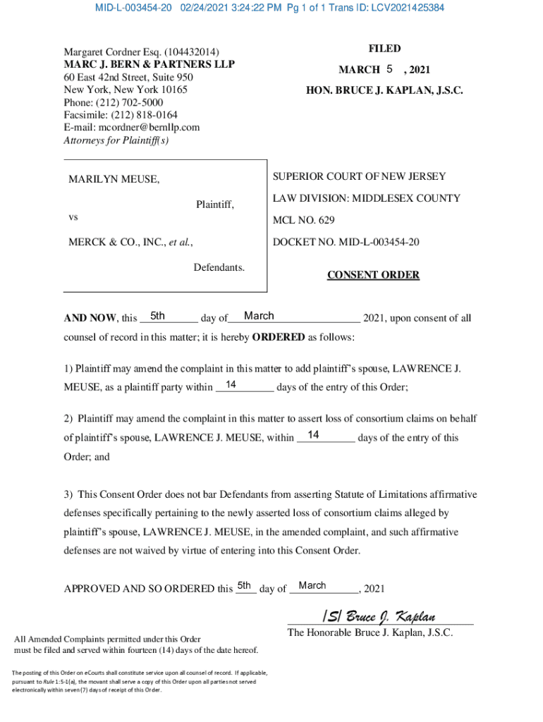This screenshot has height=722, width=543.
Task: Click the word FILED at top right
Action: click(x=384, y=49)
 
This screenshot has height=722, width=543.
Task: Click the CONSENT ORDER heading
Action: click(x=373, y=275)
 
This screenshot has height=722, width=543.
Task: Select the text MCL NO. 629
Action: click(x=304, y=220)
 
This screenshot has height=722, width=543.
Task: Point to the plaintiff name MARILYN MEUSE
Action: click(x=114, y=180)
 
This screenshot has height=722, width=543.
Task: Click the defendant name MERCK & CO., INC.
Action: click(x=116, y=242)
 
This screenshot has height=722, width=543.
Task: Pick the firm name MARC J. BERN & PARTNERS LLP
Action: click(x=150, y=64)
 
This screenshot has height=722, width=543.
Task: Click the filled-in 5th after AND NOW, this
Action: click(x=158, y=316)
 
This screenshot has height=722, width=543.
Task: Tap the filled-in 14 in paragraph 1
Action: click(x=230, y=385)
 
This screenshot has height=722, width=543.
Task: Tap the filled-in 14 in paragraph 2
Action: click(x=315, y=435)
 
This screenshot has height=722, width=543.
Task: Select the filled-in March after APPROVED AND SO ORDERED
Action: click(x=312, y=586)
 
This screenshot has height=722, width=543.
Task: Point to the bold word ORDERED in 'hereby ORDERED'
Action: click(x=279, y=337)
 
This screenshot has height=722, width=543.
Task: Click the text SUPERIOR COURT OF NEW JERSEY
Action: click(x=359, y=176)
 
